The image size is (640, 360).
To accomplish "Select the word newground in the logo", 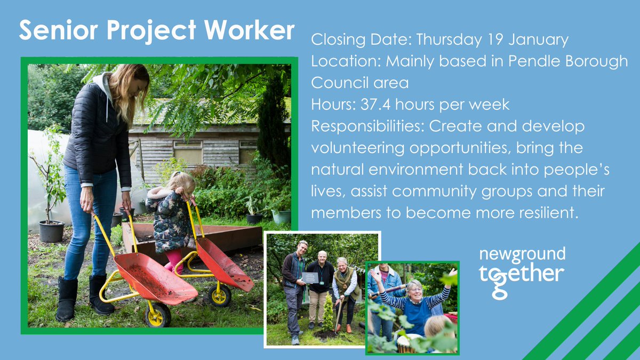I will point(522,254).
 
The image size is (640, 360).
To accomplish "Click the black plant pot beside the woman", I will point(52,231).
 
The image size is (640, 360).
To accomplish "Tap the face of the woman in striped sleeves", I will point(415,289).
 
